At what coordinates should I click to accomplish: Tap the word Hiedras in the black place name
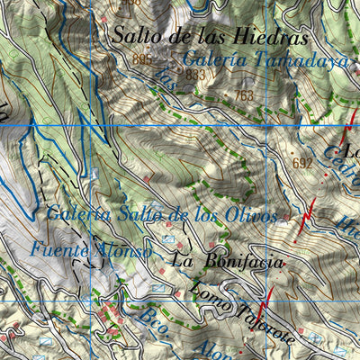coord(271,38)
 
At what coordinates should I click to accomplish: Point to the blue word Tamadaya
coord(289,59)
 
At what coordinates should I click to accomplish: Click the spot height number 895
coord(141,59)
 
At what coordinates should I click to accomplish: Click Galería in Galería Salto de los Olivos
coord(77,214)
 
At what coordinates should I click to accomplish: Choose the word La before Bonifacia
coord(184,262)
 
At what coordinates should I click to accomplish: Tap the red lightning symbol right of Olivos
coord(307,214)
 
